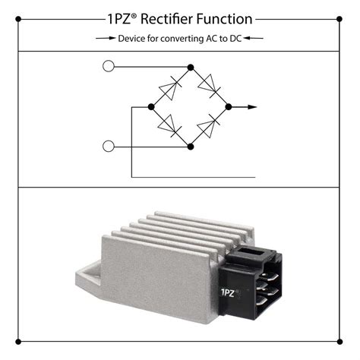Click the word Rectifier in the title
pos(167,19)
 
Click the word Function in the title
pos(224,19)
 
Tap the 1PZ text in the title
pos(119,19)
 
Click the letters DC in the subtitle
pos(235,39)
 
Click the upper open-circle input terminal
pos(109,66)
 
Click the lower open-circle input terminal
pos(109,147)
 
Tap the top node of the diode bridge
pos(191,68)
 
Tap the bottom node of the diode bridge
pos(191,147)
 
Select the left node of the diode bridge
pos(151,107)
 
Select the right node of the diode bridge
pos(229,107)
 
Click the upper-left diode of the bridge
pos(170,87)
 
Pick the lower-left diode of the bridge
pos(169,126)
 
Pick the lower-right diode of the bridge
pos(208,126)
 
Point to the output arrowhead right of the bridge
pos(252,107)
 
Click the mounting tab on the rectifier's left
pos(88,279)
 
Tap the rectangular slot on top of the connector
pos(251,251)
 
